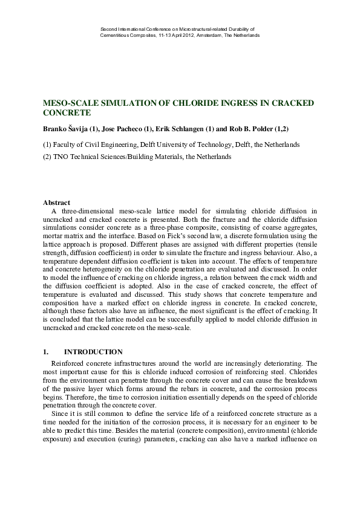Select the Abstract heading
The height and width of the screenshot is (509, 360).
[57, 202]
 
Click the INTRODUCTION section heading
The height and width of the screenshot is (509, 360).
[93, 352]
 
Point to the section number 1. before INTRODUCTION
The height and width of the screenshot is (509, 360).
[46, 352]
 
